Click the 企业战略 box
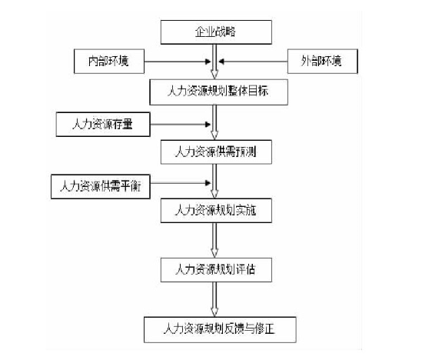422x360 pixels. tap(216, 32)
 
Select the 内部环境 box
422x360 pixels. tap(109, 61)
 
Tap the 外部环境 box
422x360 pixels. tap(322, 61)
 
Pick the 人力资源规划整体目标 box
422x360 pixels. tap(218, 92)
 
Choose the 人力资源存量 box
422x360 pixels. tap(103, 125)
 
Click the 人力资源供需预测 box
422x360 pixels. tap(216, 152)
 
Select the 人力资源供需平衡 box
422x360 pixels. tap(101, 187)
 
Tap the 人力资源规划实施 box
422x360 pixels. tap(216, 211)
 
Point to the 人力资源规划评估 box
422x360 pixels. tap(216, 270)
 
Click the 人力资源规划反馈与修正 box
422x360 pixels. tap(220, 329)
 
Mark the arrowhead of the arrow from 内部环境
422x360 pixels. tap(208, 62)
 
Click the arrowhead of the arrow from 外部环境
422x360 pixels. tap(221, 62)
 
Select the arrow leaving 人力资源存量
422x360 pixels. tap(181, 125)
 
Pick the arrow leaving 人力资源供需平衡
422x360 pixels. tap(181, 183)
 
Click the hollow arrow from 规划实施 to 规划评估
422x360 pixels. tap(214, 240)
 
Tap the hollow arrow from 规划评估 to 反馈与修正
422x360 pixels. tap(214, 299)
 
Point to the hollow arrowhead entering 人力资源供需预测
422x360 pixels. tap(214, 135)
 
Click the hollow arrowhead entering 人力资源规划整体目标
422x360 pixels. tap(214, 75)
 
